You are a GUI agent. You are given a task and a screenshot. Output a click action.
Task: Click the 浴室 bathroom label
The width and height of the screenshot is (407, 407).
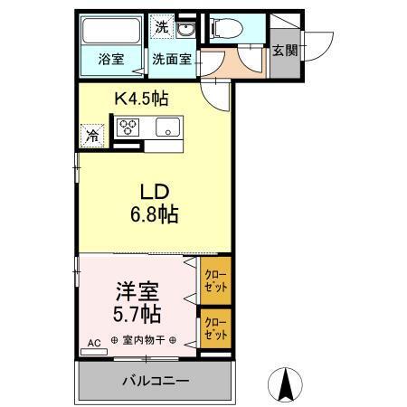[x=111, y=61]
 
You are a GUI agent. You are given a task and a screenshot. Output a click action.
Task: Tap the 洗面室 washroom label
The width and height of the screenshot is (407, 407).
[x=170, y=61]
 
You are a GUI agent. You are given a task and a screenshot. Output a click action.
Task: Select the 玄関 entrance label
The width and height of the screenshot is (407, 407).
[x=284, y=51]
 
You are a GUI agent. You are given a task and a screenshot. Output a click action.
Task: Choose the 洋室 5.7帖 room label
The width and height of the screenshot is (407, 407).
[x=138, y=303]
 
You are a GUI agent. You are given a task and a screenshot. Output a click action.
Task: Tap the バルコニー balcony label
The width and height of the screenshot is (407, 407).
[x=155, y=381]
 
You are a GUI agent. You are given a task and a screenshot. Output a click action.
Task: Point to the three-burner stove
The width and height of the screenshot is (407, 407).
[x=132, y=127]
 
